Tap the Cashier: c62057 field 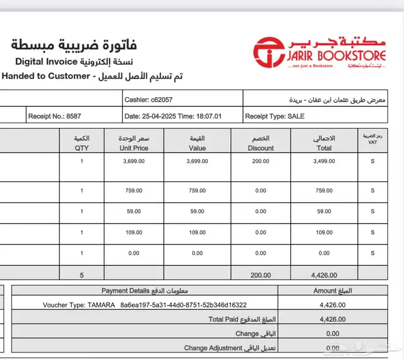coord(148,100)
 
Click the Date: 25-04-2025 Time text coord(173,116)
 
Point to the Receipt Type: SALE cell coord(275,116)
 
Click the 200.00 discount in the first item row coord(261,161)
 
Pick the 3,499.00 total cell coord(324,161)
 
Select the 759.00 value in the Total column coord(324,191)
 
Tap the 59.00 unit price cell coord(134,211)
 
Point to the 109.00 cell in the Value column coord(197,232)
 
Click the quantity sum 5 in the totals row coord(82,275)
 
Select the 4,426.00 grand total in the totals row coord(324,275)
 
